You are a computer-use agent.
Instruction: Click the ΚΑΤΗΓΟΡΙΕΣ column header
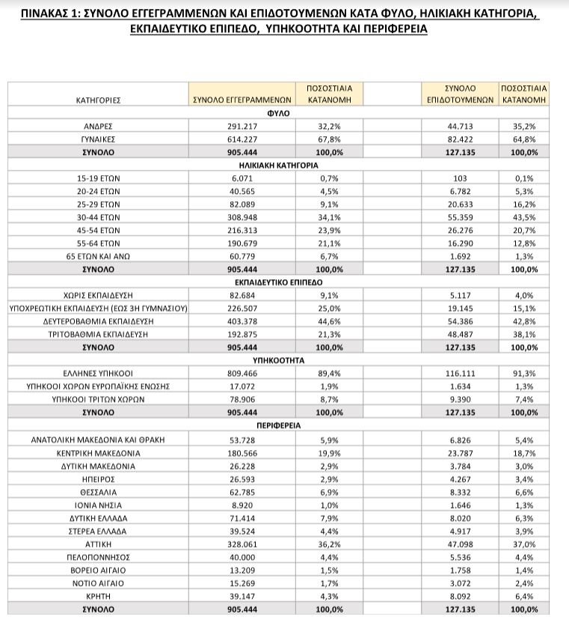98,99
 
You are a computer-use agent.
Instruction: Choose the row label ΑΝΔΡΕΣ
98,127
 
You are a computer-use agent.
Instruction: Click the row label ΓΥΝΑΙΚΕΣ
98,139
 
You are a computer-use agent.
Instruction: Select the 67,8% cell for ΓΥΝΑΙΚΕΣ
330,139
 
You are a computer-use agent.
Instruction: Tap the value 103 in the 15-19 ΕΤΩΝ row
460,178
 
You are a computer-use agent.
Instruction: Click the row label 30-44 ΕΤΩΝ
98,217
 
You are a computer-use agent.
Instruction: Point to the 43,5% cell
524,217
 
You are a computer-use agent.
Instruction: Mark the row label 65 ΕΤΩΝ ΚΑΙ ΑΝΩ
98,256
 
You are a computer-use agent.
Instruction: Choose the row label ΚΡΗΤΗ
98,596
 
